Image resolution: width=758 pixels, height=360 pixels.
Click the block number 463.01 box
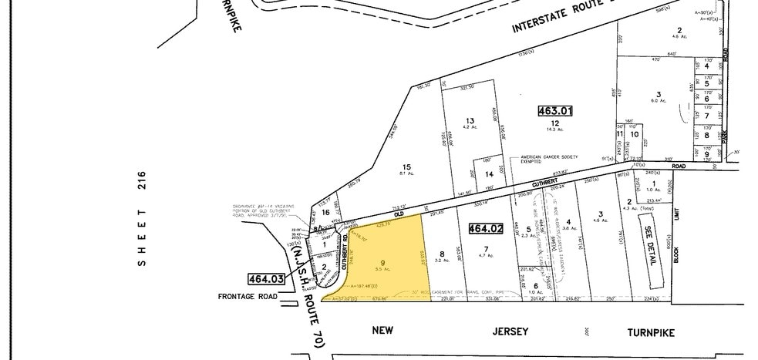pyautogui.click(x=554, y=111)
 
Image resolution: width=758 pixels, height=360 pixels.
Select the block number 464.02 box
pyautogui.click(x=486, y=228)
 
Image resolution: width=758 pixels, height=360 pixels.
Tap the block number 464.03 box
pyautogui.click(x=265, y=279)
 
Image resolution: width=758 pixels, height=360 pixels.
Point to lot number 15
pyautogui.click(x=406, y=167)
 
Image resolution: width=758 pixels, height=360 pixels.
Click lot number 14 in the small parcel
pyautogui.click(x=489, y=175)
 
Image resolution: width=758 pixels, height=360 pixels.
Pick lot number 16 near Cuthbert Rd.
pyautogui.click(x=326, y=211)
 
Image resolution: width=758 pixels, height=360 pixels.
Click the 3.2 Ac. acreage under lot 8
pyautogui.click(x=442, y=261)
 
